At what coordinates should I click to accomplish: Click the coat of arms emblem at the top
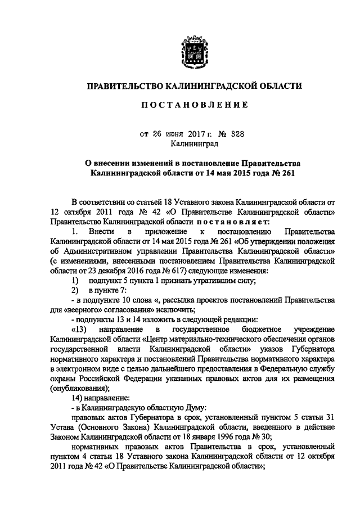coord(194,51)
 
